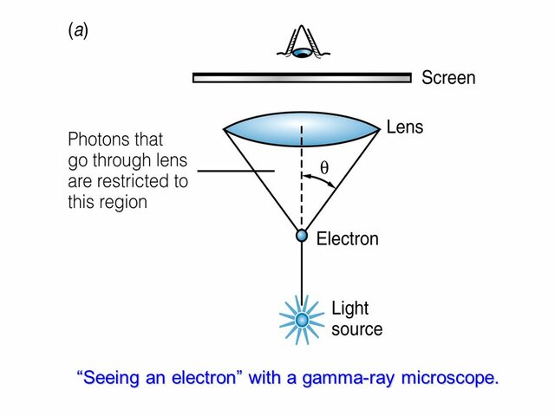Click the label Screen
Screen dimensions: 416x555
click(x=447, y=78)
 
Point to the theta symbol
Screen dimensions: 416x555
click(x=325, y=171)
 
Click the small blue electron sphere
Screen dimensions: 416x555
click(x=302, y=236)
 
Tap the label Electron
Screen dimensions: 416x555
click(x=347, y=239)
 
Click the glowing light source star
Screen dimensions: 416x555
click(x=302, y=319)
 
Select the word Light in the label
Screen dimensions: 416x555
click(x=350, y=309)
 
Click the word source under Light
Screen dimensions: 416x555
click(x=356, y=329)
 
